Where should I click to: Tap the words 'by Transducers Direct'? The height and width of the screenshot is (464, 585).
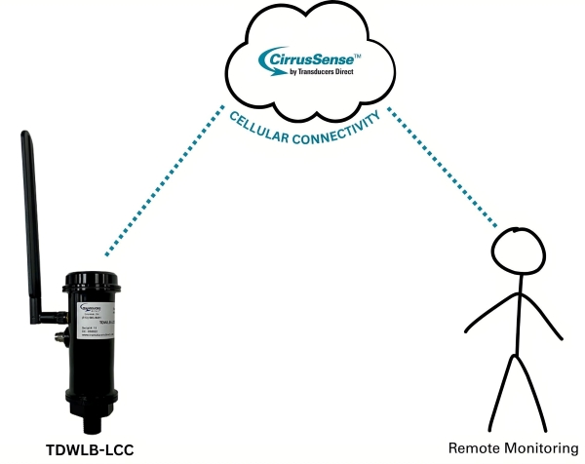point(318,82)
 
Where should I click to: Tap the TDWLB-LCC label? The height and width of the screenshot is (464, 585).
point(90,449)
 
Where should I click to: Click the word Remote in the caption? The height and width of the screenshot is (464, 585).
point(472,448)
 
